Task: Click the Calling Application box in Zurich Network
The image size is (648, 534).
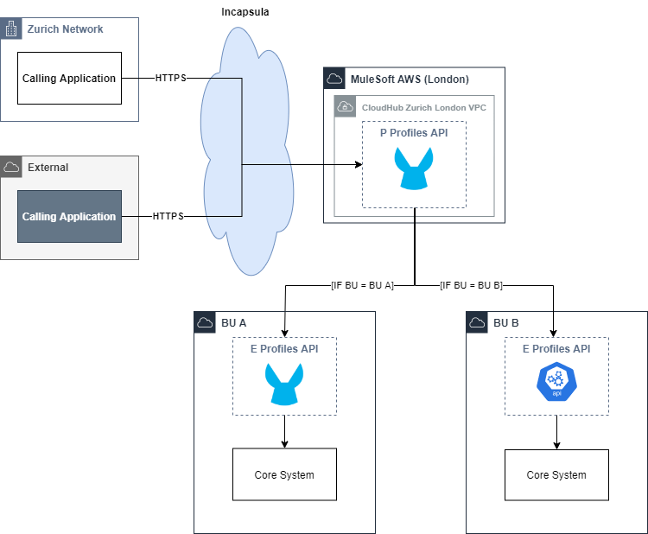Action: (x=69, y=79)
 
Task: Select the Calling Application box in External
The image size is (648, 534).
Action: (x=69, y=216)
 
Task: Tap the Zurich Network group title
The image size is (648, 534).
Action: (x=65, y=29)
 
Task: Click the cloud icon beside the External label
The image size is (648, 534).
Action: (x=11, y=167)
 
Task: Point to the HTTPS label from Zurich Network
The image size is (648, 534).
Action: (x=170, y=79)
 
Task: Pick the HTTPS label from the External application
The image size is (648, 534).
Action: (x=168, y=216)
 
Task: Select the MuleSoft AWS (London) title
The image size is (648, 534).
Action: (x=410, y=79)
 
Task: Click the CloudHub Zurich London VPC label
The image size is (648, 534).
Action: (x=424, y=108)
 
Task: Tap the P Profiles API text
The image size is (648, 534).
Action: (x=414, y=133)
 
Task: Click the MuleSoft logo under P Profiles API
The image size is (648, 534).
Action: (x=414, y=168)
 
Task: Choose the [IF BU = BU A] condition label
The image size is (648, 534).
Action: (x=362, y=285)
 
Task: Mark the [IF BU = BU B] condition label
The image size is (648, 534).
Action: (x=471, y=285)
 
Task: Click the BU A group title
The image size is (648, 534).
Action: (x=233, y=323)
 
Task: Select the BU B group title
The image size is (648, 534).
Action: (x=505, y=323)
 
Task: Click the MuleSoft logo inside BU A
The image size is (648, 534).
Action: (x=284, y=384)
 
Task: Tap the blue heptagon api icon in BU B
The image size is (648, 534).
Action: (x=556, y=383)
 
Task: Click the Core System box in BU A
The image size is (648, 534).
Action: (x=284, y=475)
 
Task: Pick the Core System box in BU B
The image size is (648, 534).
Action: (x=556, y=475)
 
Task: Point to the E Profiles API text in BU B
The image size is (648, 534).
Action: (x=556, y=349)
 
